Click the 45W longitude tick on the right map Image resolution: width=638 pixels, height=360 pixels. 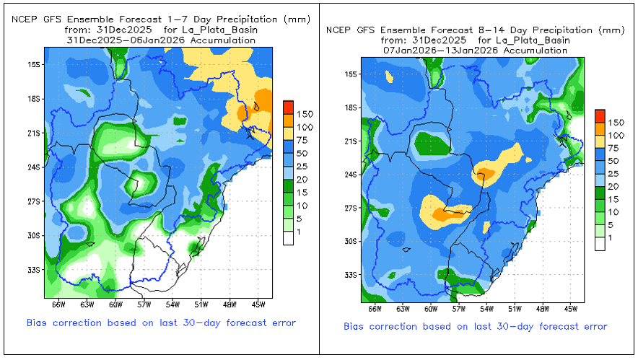tap(570, 309)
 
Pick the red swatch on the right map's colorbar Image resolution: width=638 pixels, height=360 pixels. tap(599, 115)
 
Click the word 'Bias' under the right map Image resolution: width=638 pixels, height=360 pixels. tap(355, 327)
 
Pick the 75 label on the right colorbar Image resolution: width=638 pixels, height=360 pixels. tap(613, 148)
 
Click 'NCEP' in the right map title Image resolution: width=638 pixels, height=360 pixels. tap(338, 30)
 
